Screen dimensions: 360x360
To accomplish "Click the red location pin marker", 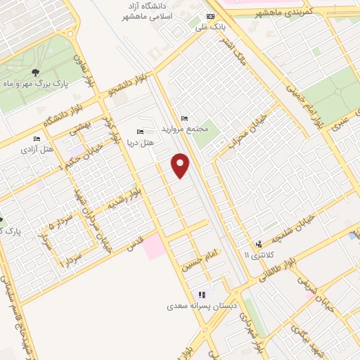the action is (181, 165).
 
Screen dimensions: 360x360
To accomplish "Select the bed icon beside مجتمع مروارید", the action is (184, 118).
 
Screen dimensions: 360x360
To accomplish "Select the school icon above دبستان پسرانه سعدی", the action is (202, 295).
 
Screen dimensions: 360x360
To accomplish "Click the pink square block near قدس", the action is (155, 246).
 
